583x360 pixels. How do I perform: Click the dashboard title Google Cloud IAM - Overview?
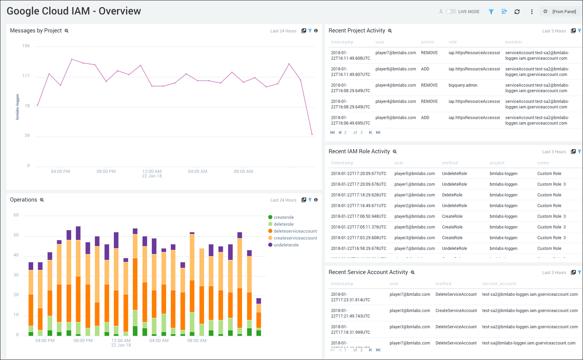click(x=74, y=11)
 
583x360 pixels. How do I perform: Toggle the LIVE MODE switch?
click(x=451, y=11)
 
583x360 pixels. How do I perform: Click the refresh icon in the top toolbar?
click(x=517, y=12)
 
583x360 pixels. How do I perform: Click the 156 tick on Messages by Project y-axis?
click(x=26, y=46)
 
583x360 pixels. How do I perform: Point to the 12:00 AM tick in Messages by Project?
click(x=152, y=172)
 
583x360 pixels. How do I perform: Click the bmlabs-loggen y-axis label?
click(x=18, y=107)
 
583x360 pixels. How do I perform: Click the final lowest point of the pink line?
click(x=312, y=134)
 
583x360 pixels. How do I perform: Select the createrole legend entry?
click(x=283, y=217)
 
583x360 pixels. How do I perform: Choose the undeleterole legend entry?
click(x=286, y=245)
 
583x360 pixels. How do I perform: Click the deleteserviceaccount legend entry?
click(x=295, y=231)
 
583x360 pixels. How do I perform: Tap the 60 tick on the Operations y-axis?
click(x=16, y=215)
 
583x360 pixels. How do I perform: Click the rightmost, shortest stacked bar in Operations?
click(x=259, y=317)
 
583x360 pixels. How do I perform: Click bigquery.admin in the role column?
click(x=463, y=85)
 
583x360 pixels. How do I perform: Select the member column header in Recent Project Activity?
click(x=513, y=42)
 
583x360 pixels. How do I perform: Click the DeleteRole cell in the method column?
click(x=452, y=195)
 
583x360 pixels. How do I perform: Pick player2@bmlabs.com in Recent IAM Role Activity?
click(x=414, y=206)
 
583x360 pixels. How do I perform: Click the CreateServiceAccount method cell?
click(x=456, y=311)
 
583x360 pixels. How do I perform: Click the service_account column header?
click(x=499, y=284)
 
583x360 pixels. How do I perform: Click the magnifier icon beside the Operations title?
click(x=42, y=200)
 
